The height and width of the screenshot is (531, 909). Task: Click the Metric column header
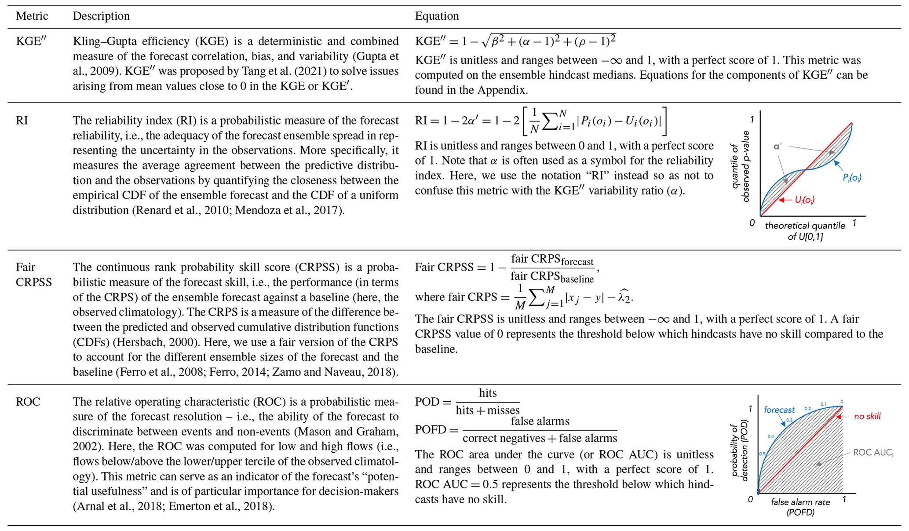pos(32,16)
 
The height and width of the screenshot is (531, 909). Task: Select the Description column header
pos(101,16)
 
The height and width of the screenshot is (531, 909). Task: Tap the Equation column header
pos(436,16)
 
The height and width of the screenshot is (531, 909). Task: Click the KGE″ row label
pos(31,41)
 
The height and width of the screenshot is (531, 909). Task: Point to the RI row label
pos(22,121)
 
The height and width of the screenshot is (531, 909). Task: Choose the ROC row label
pos(28,402)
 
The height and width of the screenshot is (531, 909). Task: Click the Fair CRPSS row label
pos(33,275)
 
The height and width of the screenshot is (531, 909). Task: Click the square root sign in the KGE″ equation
pos(486,41)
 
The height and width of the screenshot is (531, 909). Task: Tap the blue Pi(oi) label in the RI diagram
pos(851,178)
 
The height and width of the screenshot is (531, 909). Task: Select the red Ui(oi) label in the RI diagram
pos(804,200)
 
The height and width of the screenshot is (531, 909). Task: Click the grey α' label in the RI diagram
pos(778,146)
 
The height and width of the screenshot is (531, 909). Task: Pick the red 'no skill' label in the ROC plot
pos(867,416)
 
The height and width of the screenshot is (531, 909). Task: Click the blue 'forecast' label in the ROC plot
pos(779,410)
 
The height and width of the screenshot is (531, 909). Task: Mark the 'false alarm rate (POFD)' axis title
pos(800,507)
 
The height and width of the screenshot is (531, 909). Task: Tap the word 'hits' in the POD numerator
pos(488,393)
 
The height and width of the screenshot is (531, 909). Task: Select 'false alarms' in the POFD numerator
pos(540,421)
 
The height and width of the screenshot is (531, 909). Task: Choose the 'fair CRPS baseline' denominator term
pos(552,277)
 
